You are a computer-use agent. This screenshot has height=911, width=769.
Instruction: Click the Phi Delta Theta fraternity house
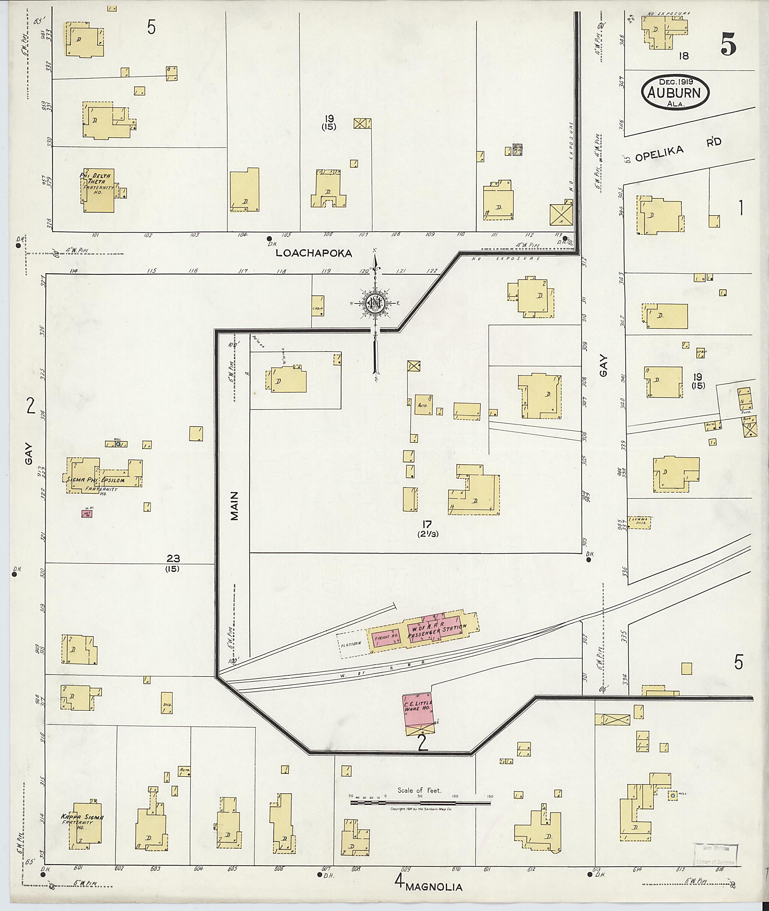[98, 191]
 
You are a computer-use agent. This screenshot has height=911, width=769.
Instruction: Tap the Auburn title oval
[675, 92]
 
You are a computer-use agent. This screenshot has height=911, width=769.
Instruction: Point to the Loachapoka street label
[314, 254]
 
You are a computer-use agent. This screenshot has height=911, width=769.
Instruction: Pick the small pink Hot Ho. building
[87, 514]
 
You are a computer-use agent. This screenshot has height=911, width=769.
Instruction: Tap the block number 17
[426, 524]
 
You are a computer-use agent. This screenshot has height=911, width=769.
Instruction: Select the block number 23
[173, 558]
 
